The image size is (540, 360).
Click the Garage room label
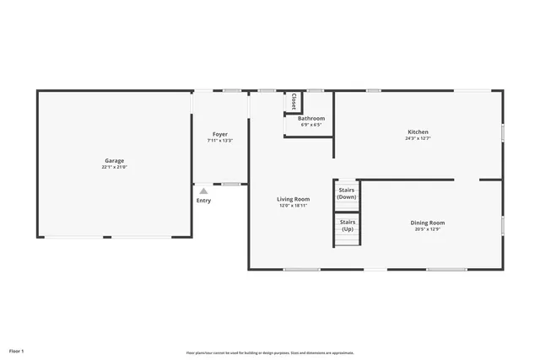[115, 160]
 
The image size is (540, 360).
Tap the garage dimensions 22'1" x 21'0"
[115, 167]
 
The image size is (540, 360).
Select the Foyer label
[220, 134]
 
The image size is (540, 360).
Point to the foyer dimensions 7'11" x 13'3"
[220, 141]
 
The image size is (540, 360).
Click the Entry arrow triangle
[203, 191]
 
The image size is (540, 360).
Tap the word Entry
[204, 201]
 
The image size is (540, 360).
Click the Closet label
[294, 101]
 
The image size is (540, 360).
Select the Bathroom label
[310, 119]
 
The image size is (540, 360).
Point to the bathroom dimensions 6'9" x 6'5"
[310, 125]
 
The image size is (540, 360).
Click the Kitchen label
[418, 132]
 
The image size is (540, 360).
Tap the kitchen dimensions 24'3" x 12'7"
[418, 139]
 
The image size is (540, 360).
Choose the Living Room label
[293, 199]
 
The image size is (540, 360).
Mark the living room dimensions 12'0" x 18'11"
[293, 206]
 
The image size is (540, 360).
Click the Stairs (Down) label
[348, 194]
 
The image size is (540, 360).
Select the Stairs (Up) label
[348, 225]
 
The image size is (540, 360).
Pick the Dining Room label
[428, 223]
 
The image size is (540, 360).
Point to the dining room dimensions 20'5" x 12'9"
[428, 229]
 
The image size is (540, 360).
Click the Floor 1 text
[17, 350]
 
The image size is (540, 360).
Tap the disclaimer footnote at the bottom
[270, 352]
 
